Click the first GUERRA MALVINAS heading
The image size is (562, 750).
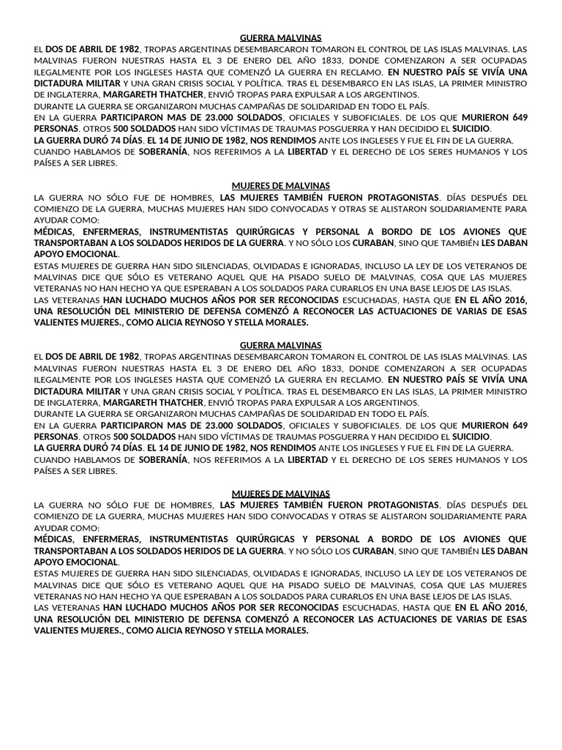pyautogui.click(x=281, y=37)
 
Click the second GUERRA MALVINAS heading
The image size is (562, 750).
pyautogui.click(x=281, y=344)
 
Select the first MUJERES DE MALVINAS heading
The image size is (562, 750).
pyautogui.click(x=281, y=186)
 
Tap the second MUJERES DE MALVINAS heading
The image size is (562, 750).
pyautogui.click(x=281, y=494)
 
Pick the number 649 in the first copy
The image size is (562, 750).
pyautogui.click(x=520, y=117)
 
